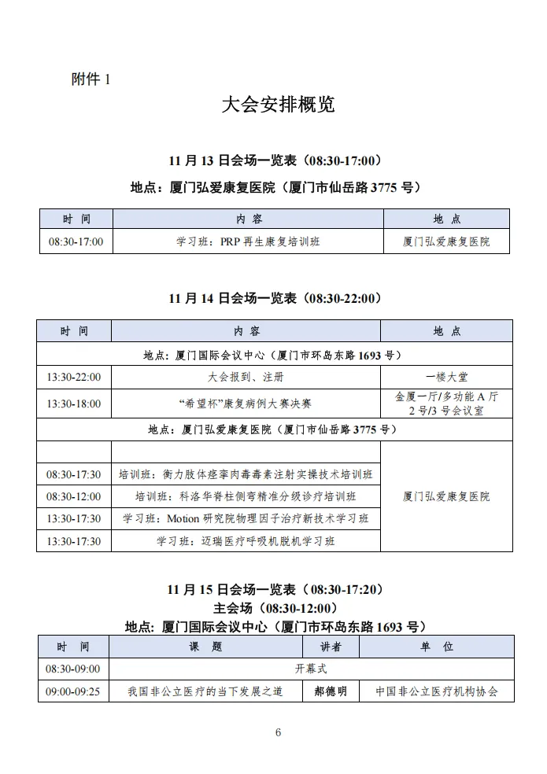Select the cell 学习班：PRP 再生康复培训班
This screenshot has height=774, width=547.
click(x=248, y=241)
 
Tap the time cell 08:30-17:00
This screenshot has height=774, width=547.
click(x=76, y=241)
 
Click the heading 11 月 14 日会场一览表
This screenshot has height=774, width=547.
click(x=275, y=298)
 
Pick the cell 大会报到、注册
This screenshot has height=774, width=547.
click(x=246, y=378)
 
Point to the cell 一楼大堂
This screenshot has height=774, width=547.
click(x=446, y=378)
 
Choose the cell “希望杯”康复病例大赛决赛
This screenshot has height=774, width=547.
click(x=246, y=404)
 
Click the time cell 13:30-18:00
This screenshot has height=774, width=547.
click(x=74, y=404)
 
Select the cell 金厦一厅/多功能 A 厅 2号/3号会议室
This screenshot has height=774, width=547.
click(x=446, y=404)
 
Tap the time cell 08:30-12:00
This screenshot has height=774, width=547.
click(x=74, y=496)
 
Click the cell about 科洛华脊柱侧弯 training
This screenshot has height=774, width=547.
click(x=246, y=496)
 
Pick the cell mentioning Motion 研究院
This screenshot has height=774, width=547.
click(x=246, y=518)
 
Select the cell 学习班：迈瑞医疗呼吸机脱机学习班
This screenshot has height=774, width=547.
click(x=246, y=541)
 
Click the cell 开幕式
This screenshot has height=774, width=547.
click(x=311, y=669)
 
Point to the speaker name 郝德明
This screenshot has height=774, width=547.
click(x=331, y=691)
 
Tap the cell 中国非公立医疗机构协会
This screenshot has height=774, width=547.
click(x=437, y=691)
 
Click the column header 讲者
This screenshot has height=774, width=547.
click(x=331, y=647)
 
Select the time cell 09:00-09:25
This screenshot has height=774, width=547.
click(x=73, y=691)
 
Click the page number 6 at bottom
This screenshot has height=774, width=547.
click(x=278, y=733)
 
